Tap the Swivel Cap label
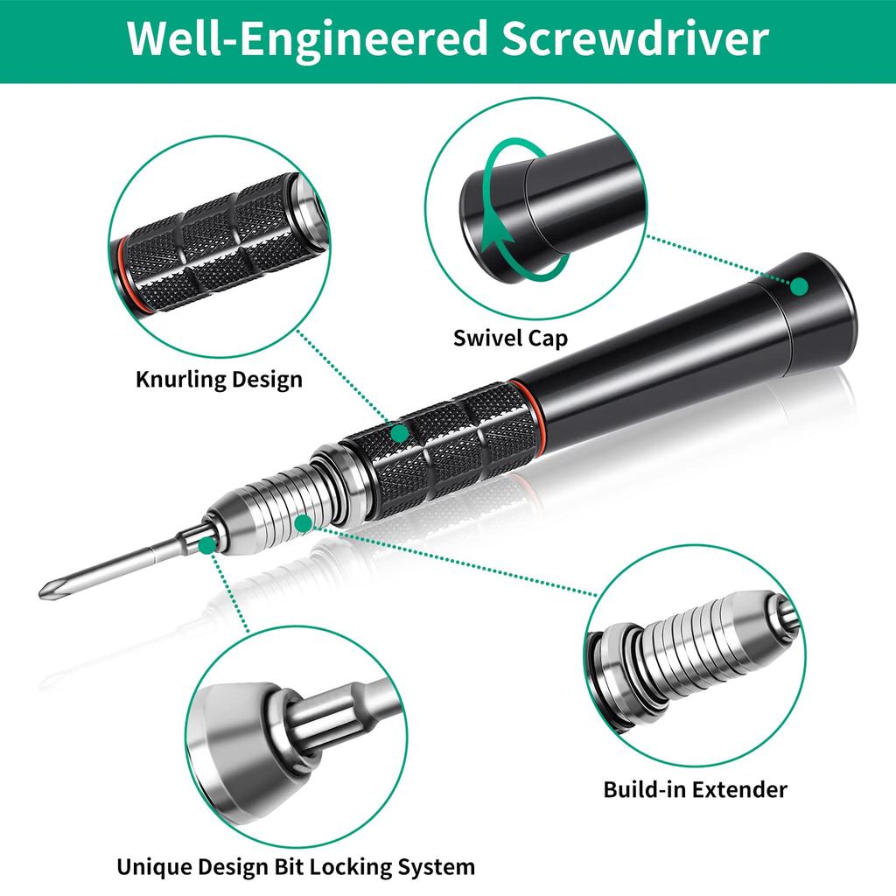[x=510, y=338]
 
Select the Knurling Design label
[x=219, y=380]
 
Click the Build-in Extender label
[x=695, y=789]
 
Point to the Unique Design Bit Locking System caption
[x=296, y=867]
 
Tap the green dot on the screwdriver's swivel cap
[x=799, y=285]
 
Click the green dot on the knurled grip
[x=400, y=432]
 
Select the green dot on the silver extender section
[x=304, y=522]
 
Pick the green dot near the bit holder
[x=206, y=546]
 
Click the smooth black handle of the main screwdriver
[x=647, y=350]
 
